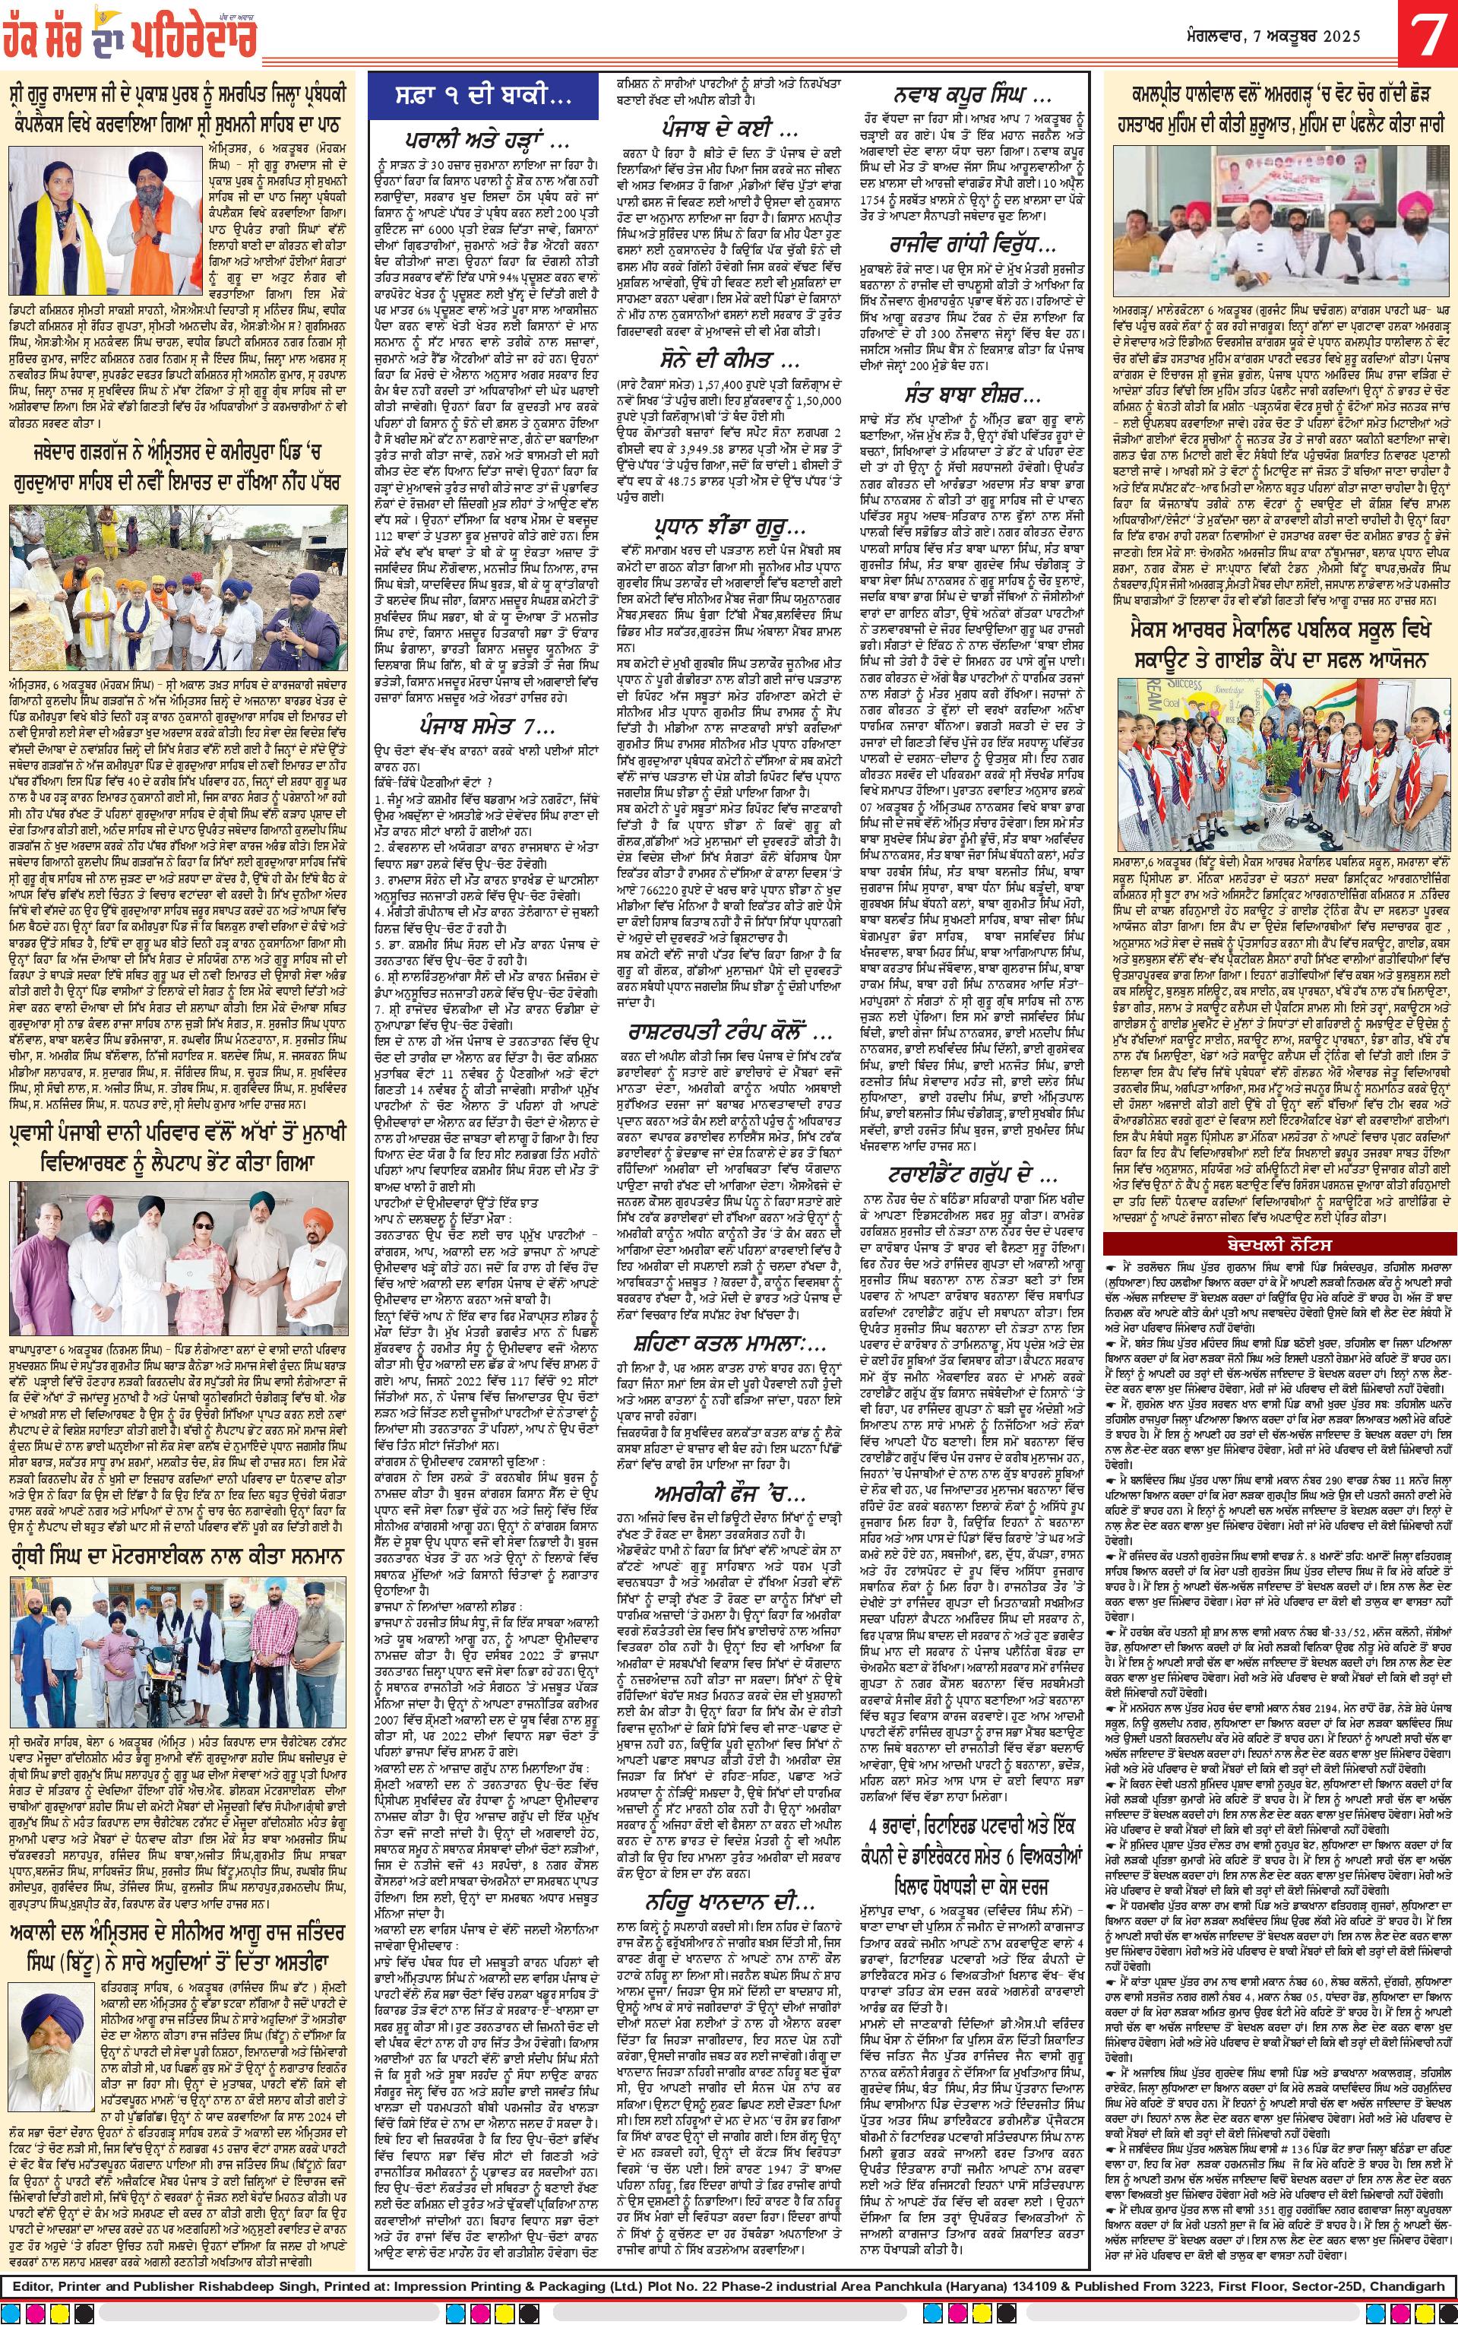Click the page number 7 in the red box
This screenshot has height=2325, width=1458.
click(1425, 40)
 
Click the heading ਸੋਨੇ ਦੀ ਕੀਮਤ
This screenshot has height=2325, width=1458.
click(720, 363)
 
